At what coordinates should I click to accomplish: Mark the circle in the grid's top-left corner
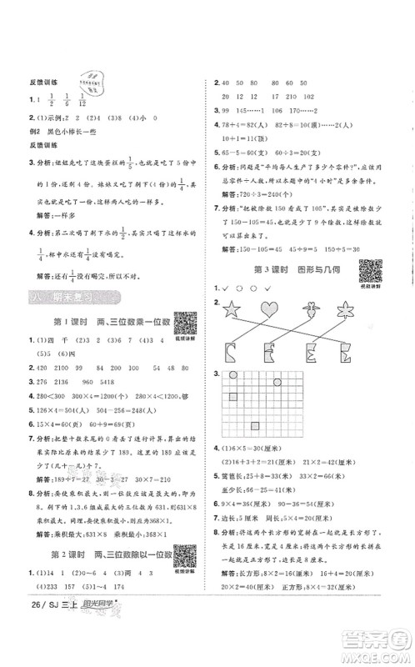(235, 377)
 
